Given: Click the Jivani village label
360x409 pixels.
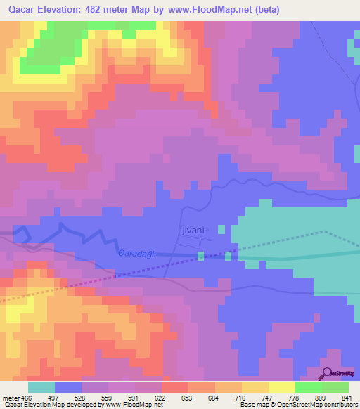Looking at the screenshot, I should (191, 230).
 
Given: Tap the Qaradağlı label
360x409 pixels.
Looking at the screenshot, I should (136, 253).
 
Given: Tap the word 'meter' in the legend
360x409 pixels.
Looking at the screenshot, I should (8, 398).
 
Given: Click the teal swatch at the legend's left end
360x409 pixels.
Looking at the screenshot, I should (41, 387).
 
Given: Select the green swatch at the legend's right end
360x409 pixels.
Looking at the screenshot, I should (335, 387).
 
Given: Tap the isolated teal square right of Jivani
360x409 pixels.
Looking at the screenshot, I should (221, 229).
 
